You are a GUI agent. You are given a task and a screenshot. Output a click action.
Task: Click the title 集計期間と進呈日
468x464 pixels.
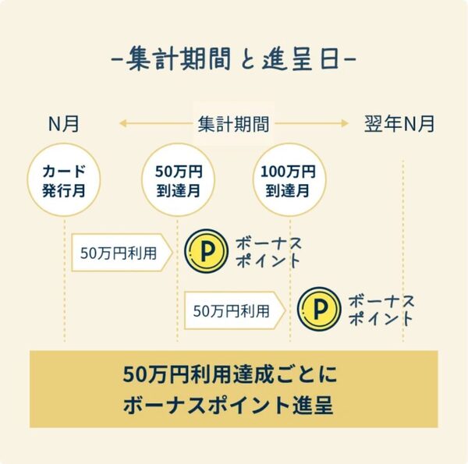pyautogui.click(x=233, y=59)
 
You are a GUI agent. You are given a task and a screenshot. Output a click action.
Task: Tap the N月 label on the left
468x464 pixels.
pyautogui.click(x=64, y=123)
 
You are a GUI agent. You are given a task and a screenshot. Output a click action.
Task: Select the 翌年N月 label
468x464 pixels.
pyautogui.click(x=399, y=123)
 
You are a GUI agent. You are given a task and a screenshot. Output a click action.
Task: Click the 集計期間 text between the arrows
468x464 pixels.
pyautogui.click(x=233, y=123)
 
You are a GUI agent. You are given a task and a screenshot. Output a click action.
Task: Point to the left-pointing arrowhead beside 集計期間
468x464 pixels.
pyautogui.click(x=122, y=123)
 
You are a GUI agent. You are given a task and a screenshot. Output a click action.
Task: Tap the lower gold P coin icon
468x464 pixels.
pyautogui.click(x=319, y=310)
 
